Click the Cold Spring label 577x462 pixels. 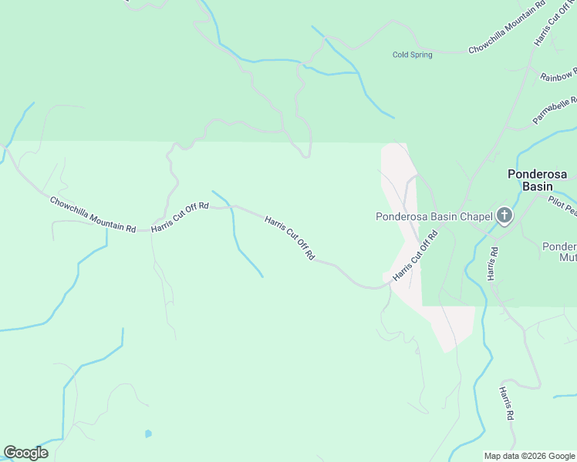(412, 55)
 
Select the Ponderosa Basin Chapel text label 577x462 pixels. (434, 216)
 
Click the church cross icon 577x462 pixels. (504, 216)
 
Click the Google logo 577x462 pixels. (25, 453)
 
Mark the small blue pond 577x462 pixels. (148, 434)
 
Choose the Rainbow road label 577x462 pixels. (557, 75)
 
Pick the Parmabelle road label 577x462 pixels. (555, 111)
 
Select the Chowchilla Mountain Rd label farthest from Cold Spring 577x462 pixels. (93, 215)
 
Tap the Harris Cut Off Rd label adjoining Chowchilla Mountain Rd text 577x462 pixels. (181, 217)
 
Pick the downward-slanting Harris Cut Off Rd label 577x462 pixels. (289, 236)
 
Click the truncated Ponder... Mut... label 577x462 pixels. (559, 253)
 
